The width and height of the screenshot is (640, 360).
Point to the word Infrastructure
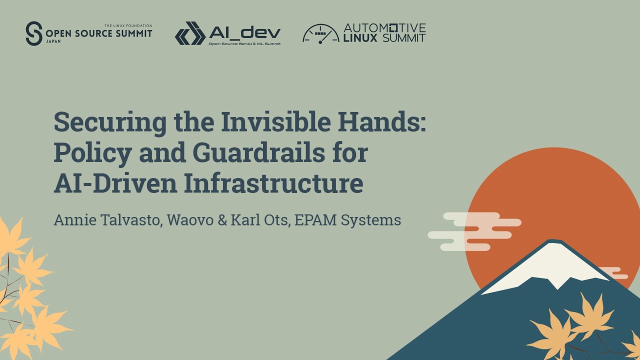coord(273,183)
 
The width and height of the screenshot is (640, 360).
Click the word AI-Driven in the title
coord(115,183)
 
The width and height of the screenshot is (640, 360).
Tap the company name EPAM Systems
coord(347,220)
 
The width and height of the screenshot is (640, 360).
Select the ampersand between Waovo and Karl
coord(222,220)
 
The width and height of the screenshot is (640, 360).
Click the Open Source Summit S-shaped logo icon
coord(34,33)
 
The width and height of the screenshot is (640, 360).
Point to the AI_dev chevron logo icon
coord(190,33)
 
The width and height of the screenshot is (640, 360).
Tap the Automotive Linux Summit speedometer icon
coord(320,33)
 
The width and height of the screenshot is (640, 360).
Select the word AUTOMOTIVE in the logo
coord(384,27)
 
